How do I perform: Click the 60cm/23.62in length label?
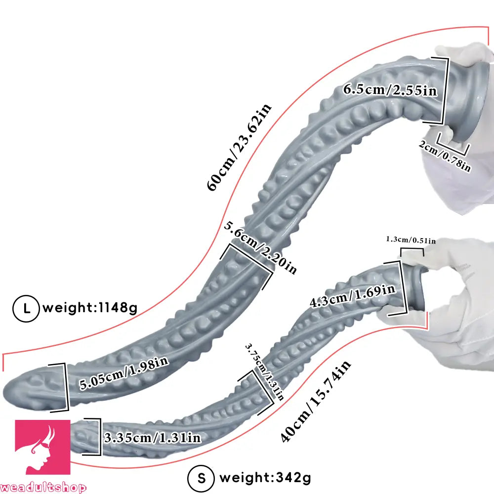tap(239, 147)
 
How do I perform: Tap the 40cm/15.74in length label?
tap(315, 401)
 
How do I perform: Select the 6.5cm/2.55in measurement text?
tap(390, 90)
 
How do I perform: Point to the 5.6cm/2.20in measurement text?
tap(260, 247)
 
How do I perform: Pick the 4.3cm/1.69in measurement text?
tap(352, 296)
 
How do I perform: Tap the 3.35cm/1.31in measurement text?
tap(152, 438)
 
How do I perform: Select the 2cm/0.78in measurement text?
tap(445, 156)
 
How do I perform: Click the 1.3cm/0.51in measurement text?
tap(411, 240)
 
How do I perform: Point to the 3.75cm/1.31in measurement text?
tap(265, 371)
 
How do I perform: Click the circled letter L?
tap(26, 308)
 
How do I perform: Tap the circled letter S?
tap(201, 478)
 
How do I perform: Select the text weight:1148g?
tap(90, 307)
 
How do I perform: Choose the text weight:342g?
tap(265, 478)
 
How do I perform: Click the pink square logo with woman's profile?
tap(42, 447)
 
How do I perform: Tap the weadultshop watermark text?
tap(43, 488)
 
